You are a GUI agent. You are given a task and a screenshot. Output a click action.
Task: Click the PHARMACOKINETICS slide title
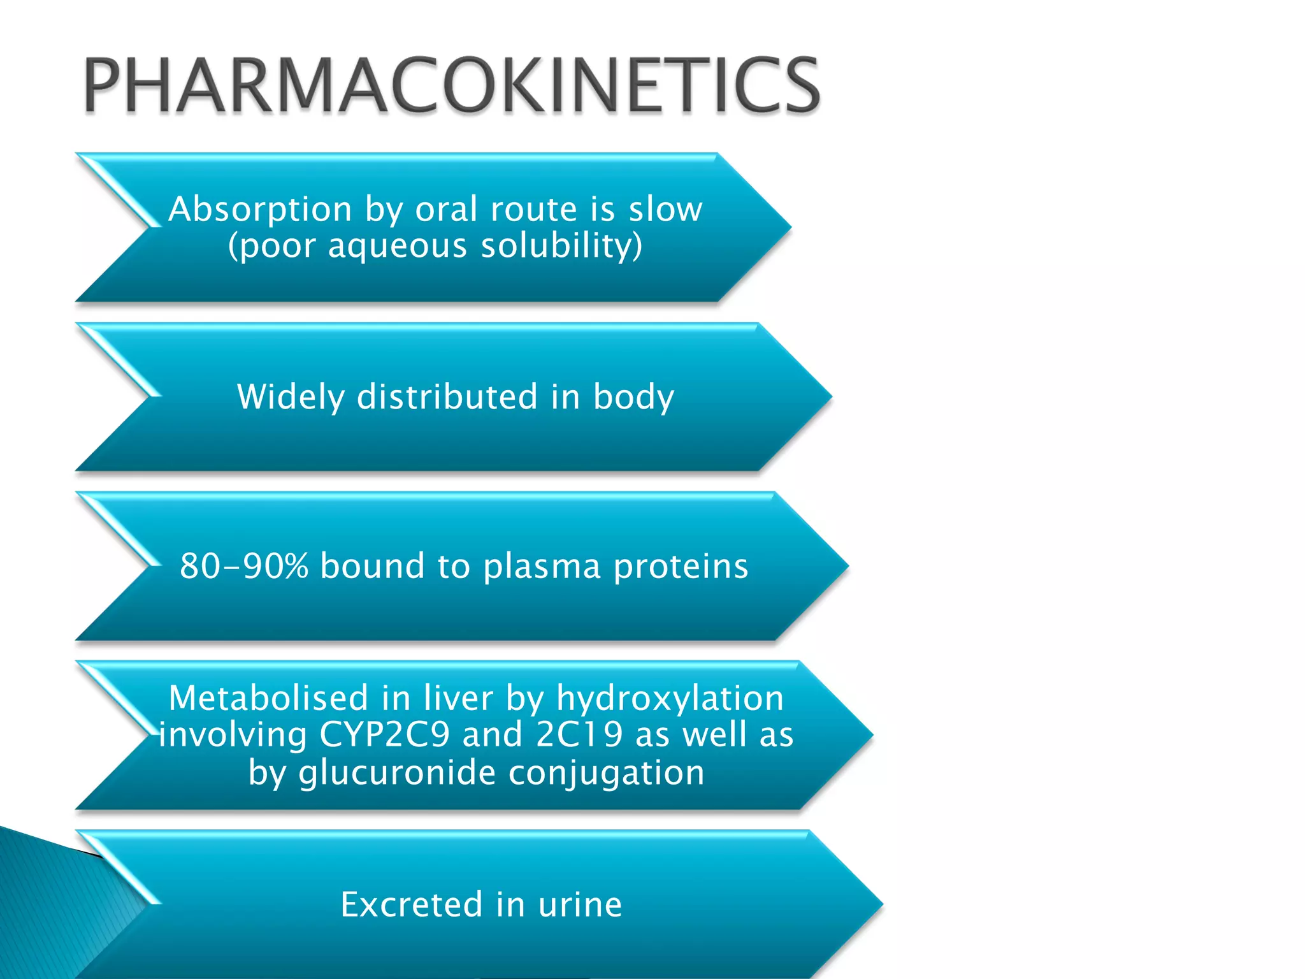(451, 85)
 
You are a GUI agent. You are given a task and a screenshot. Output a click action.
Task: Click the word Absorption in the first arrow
(260, 209)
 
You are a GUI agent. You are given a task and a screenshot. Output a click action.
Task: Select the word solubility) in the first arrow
(561, 246)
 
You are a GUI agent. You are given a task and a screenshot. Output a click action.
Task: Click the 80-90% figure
(244, 566)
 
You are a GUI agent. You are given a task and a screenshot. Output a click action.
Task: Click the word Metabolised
(268, 698)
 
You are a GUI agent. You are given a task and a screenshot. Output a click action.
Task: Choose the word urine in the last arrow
(580, 904)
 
